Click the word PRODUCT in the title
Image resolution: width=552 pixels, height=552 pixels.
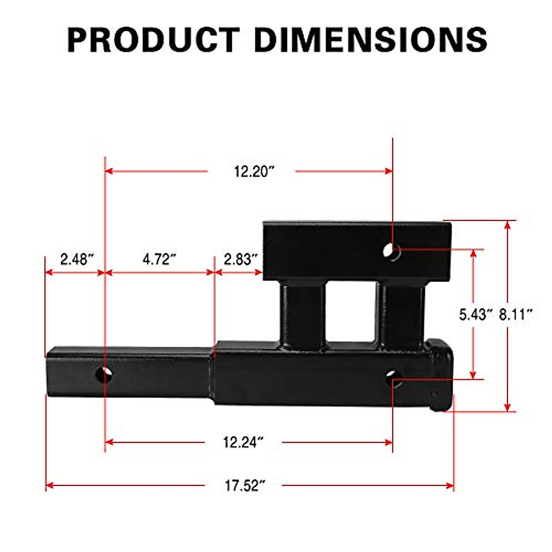(x=153, y=40)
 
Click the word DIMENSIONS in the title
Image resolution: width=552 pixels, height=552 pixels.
(x=370, y=40)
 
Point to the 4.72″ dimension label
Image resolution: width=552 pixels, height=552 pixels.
(x=159, y=259)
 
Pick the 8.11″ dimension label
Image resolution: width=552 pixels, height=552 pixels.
(x=516, y=315)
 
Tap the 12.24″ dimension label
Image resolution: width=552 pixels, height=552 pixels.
(x=243, y=443)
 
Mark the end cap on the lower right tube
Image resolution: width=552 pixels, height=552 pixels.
(x=441, y=375)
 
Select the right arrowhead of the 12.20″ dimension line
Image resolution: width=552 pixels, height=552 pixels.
(x=389, y=172)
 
